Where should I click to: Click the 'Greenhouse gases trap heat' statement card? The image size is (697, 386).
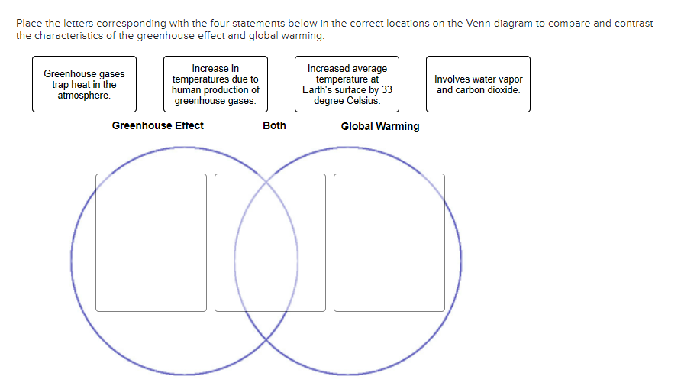pyautogui.click(x=84, y=84)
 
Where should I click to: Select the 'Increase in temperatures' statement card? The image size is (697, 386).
pyautogui.click(x=215, y=84)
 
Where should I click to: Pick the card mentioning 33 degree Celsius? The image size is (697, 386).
pyautogui.click(x=347, y=84)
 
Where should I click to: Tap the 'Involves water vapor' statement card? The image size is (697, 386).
pyautogui.click(x=478, y=84)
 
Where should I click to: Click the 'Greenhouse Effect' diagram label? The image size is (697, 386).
pyautogui.click(x=158, y=125)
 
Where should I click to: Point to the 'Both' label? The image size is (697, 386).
pyautogui.click(x=274, y=125)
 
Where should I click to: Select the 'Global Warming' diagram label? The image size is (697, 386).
pyautogui.click(x=379, y=126)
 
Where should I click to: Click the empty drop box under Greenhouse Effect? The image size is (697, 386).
pyautogui.click(x=151, y=242)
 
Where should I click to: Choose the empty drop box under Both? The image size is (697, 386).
pyautogui.click(x=270, y=242)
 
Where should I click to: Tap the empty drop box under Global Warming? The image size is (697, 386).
pyautogui.click(x=389, y=242)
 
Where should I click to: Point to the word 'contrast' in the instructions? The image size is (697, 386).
pyautogui.click(x=635, y=24)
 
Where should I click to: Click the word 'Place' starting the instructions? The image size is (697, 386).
pyautogui.click(x=28, y=24)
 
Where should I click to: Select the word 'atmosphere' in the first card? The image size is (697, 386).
pyautogui.click(x=84, y=96)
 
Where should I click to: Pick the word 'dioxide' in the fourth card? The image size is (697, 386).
pyautogui.click(x=505, y=90)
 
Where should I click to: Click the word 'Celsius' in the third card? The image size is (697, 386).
pyautogui.click(x=363, y=101)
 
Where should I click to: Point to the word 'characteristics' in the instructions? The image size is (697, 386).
pyautogui.click(x=66, y=36)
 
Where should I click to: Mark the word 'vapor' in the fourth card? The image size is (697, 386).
pyautogui.click(x=509, y=79)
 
